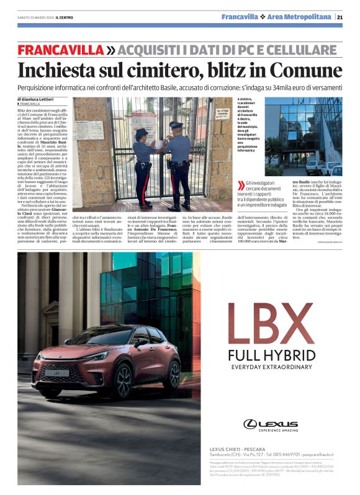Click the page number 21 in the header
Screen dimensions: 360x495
tap(340, 17)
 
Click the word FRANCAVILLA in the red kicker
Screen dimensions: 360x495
tap(60, 50)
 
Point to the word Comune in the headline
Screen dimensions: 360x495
tap(309, 70)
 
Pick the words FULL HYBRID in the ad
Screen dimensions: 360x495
tap(271, 355)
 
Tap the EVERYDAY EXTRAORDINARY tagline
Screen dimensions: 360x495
tap(271, 367)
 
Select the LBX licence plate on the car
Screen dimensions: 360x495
tap(57, 373)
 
